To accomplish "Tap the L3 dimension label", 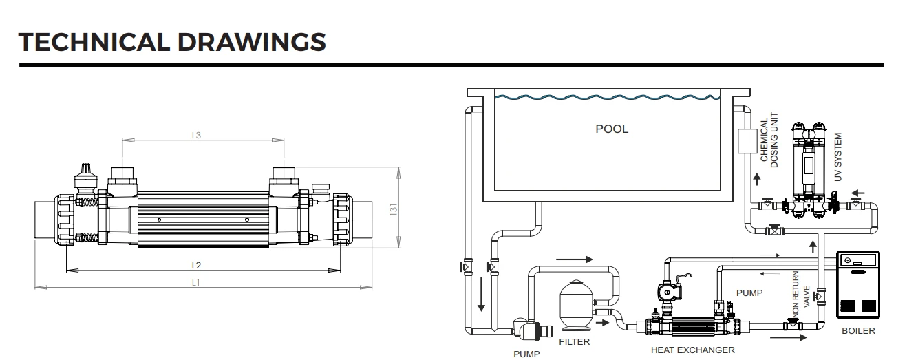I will click(196, 136).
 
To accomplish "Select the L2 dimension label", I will click(196, 265).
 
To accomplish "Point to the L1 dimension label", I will click(196, 282).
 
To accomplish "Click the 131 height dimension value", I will click(394, 209).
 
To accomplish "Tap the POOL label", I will click(611, 129).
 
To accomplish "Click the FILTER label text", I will click(575, 341).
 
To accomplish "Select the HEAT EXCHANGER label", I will click(692, 350).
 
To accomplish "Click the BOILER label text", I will click(858, 331).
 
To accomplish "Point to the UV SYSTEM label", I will click(837, 158).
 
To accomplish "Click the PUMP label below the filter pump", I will click(527, 354).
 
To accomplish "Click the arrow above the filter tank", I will click(573, 260).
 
